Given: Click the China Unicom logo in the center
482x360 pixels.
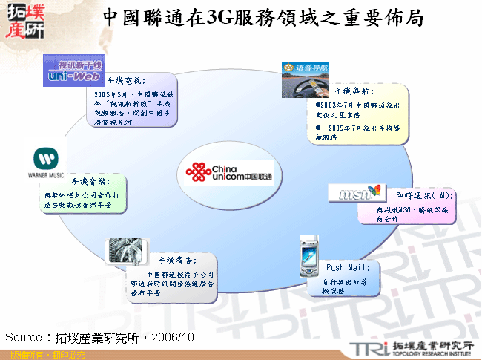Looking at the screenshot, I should [230, 174].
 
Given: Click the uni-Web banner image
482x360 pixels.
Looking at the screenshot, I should [73, 68].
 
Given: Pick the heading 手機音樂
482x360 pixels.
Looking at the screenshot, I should [90, 181].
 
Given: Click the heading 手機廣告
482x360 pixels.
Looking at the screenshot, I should [176, 260].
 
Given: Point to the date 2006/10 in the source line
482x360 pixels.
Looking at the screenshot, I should [174, 337].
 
